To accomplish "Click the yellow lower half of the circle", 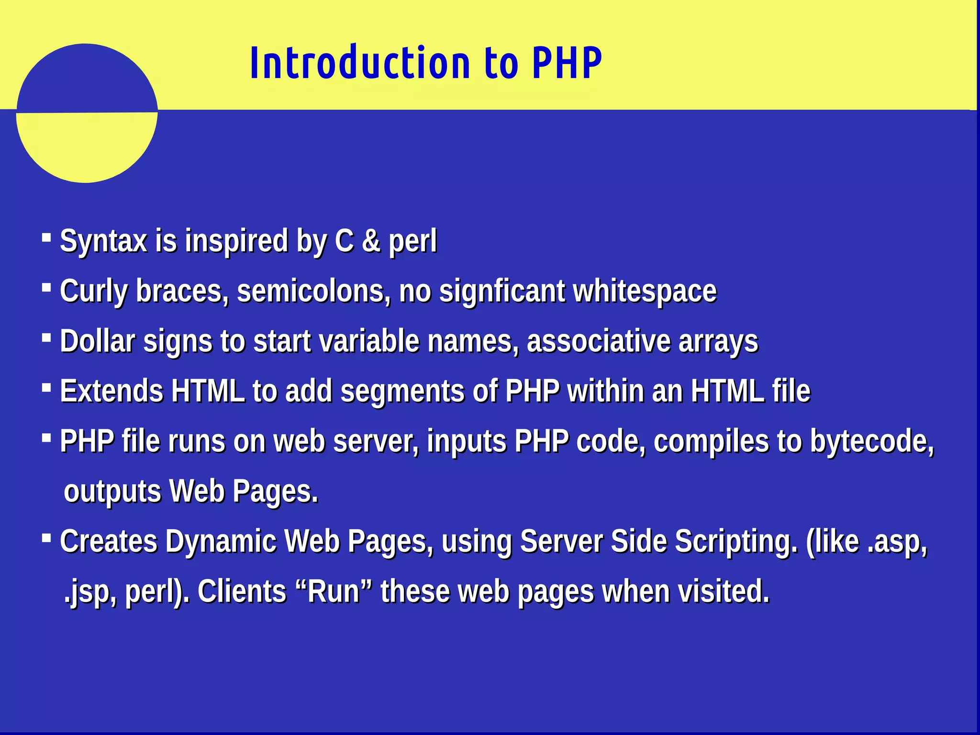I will tap(87, 146).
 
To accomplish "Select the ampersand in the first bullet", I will tap(371, 241).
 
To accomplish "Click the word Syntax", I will tap(103, 241).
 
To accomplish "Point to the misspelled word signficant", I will tap(501, 291).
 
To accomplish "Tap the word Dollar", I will tap(98, 341).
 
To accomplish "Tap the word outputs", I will tap(112, 492).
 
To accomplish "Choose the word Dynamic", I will tap(221, 542).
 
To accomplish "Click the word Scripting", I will tap(736, 542).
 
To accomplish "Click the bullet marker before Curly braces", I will tap(46, 288).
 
